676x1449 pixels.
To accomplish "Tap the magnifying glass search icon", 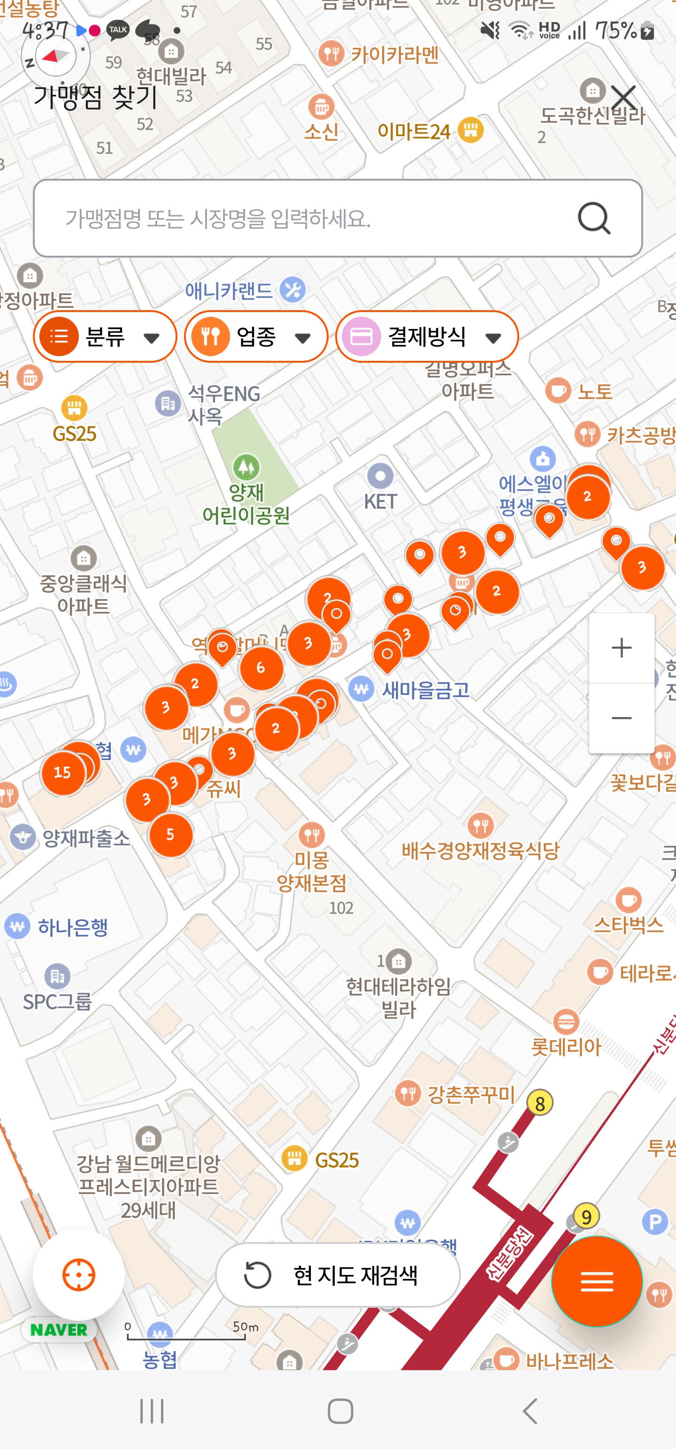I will point(594,218).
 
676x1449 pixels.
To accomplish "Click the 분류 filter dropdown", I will point(105,337).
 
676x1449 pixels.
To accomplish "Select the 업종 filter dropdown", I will point(256,337).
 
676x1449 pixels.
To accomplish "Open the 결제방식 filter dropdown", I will point(427,337).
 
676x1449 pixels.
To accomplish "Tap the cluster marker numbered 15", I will point(62,772).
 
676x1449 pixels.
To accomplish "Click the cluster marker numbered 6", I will point(261,668).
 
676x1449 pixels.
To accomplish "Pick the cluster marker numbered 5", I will point(170,835).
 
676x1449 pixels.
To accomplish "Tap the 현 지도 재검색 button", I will point(338,1275).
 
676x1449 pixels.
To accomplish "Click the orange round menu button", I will point(597,1281).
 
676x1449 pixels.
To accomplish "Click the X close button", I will point(623,97).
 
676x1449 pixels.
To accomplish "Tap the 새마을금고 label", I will point(425,690).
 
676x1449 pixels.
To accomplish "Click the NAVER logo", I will point(59,1330).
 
